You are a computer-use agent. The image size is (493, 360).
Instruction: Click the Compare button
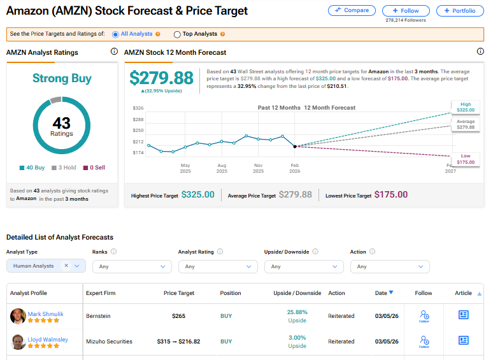point(352,11)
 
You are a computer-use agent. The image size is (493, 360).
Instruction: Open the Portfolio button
point(460,11)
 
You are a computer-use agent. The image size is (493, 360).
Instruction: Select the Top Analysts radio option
point(177,34)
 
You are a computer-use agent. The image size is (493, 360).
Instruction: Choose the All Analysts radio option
point(115,34)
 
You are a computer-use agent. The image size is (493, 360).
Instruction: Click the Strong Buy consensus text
point(62,78)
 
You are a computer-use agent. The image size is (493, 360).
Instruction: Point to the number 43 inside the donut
point(62,122)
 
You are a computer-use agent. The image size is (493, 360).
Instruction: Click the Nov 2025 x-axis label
point(258,168)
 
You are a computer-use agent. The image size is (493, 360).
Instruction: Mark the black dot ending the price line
point(295,147)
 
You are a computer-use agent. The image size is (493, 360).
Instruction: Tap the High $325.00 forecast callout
point(466,107)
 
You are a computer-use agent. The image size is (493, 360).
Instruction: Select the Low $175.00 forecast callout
point(466,159)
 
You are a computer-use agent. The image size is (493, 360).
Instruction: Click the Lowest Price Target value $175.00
point(390,195)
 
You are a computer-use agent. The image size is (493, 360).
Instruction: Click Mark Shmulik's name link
point(45,313)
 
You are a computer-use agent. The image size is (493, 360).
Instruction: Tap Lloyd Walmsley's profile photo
point(18,342)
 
